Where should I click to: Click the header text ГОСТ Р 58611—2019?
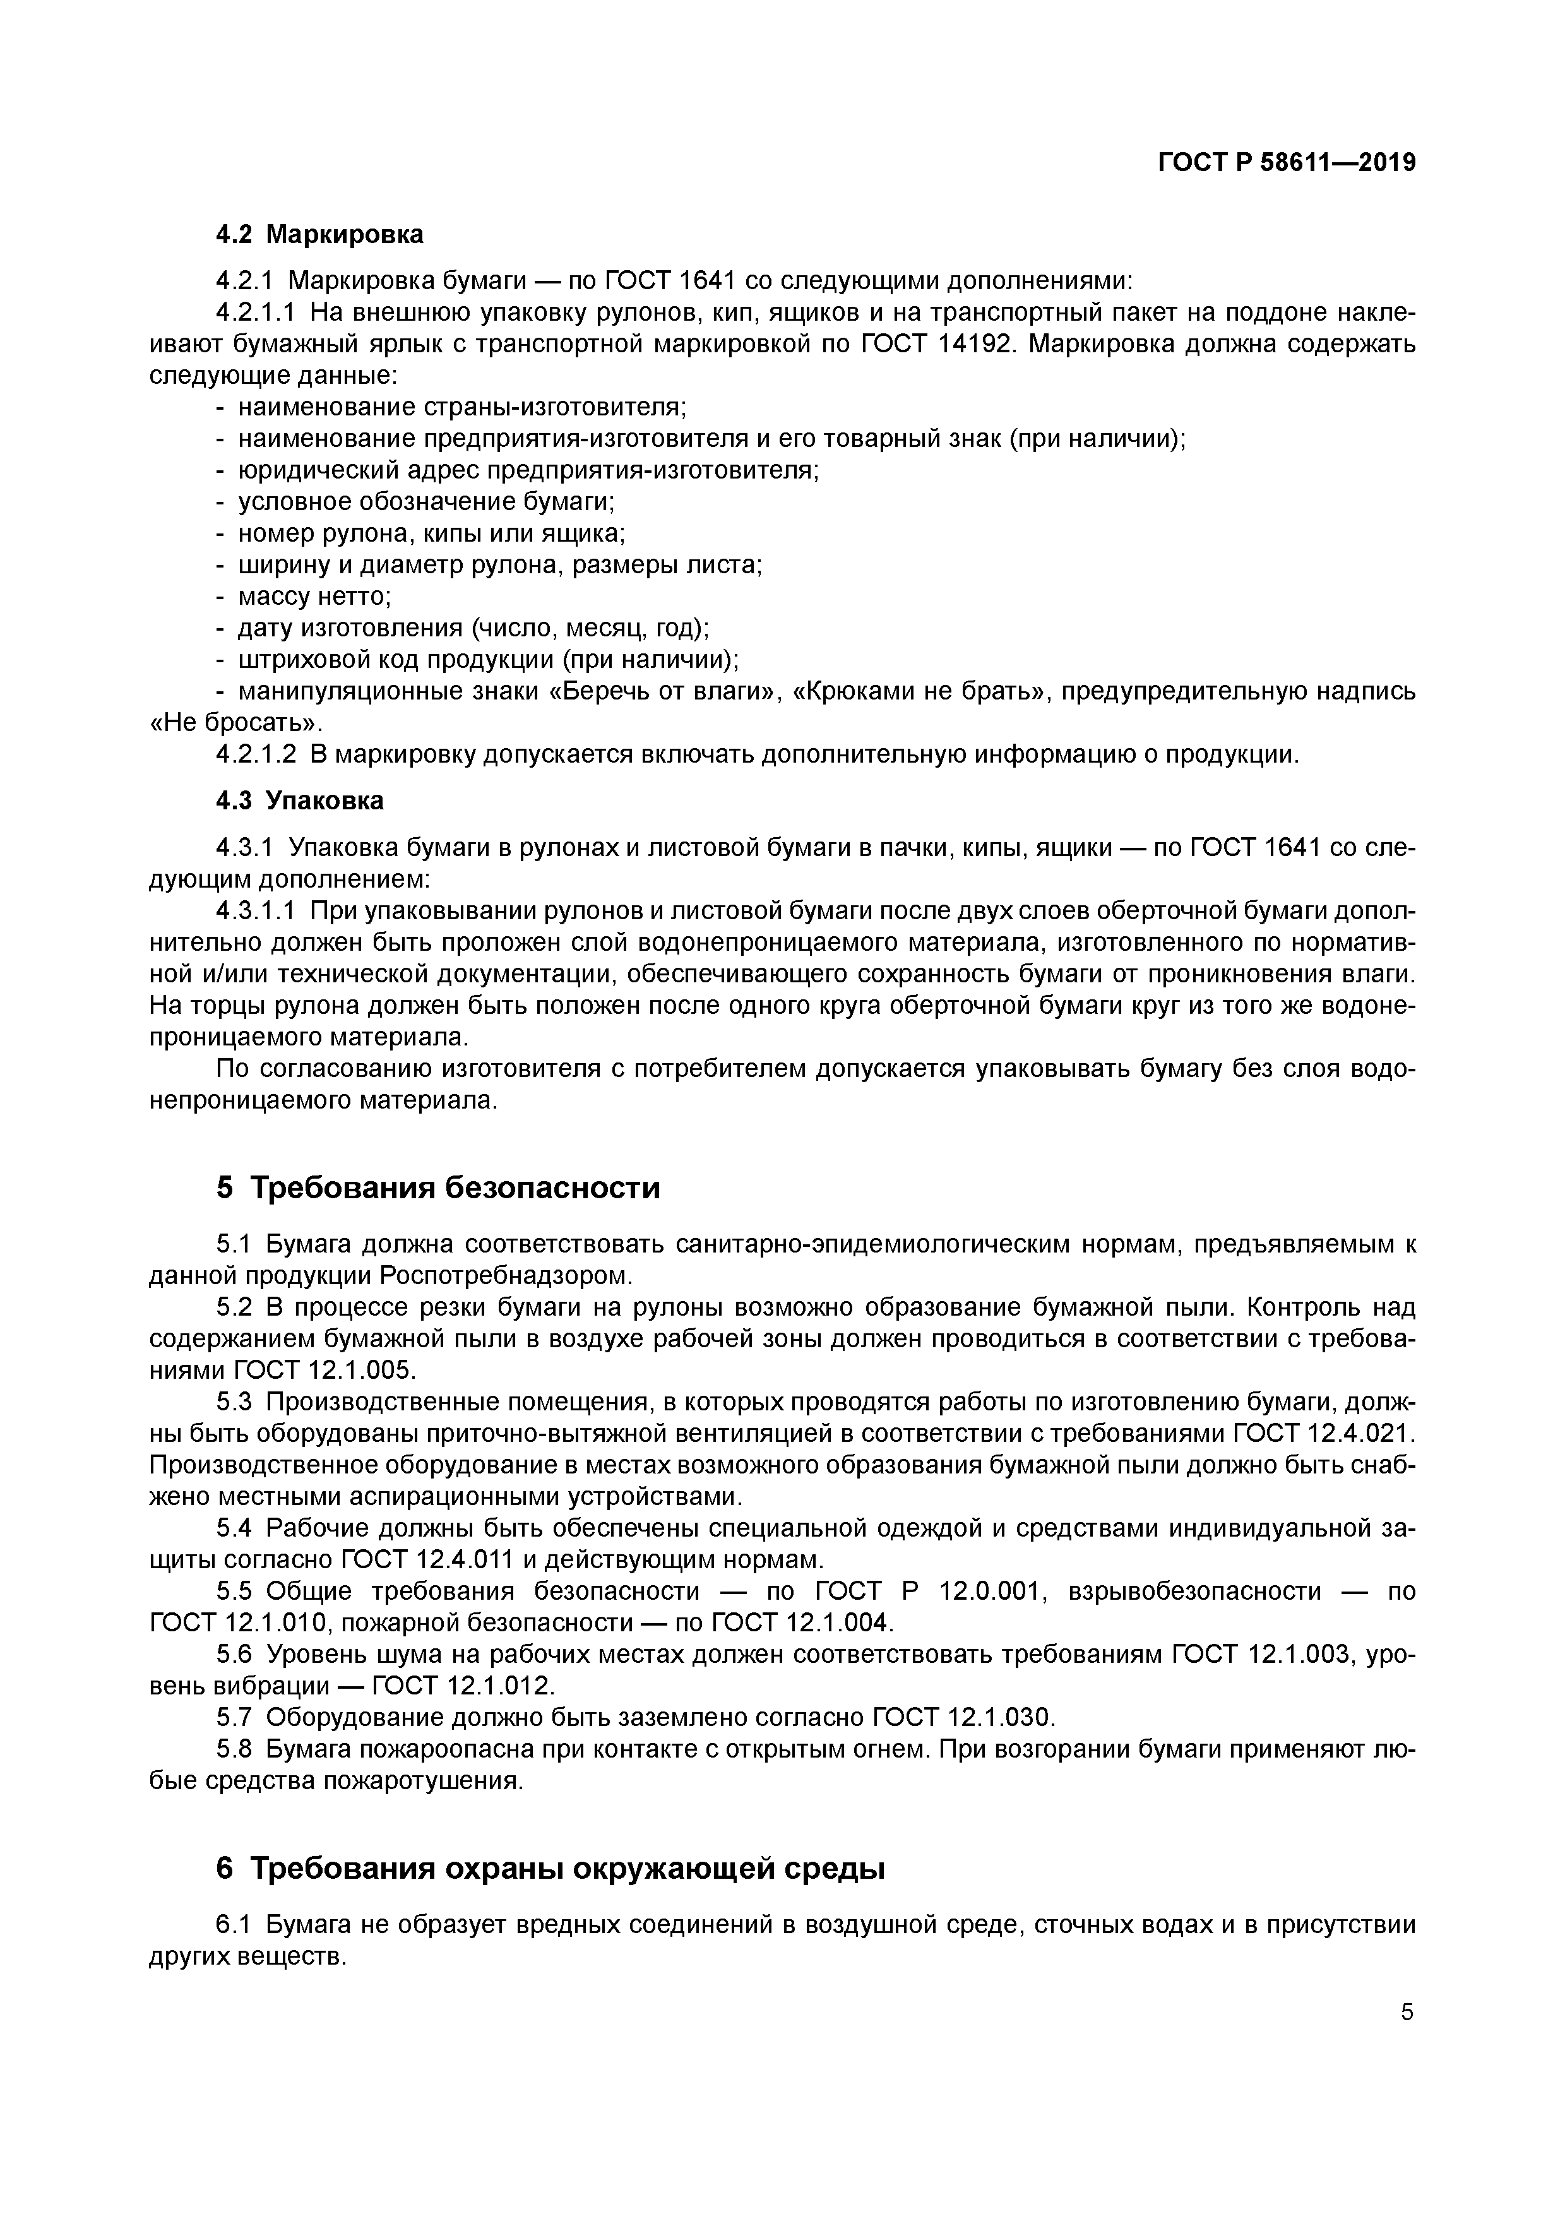(x=1287, y=163)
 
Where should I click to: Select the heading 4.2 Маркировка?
(x=319, y=234)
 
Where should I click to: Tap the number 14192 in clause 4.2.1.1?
(x=974, y=344)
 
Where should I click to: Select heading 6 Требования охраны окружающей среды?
(x=550, y=1869)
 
